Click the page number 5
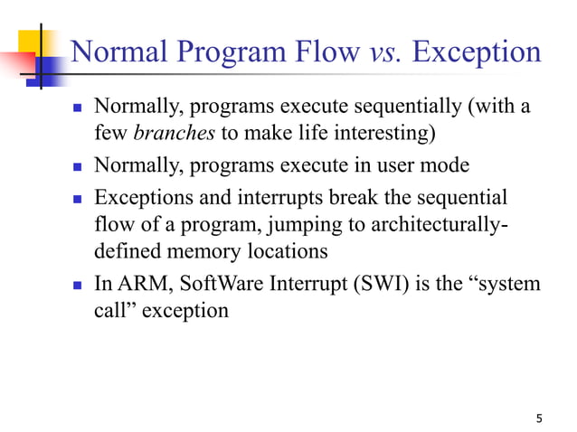[x=540, y=418]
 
